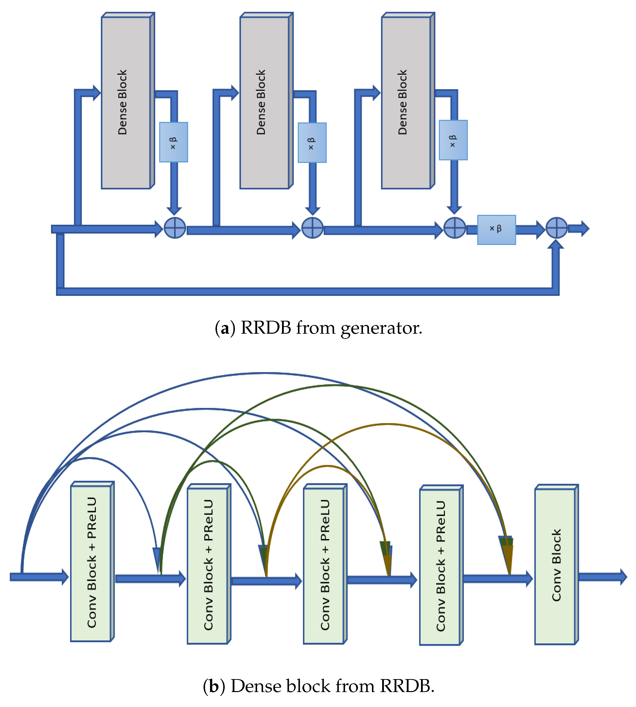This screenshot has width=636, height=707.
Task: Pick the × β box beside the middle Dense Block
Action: coord(312,143)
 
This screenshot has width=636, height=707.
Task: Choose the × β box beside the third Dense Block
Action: coord(453,140)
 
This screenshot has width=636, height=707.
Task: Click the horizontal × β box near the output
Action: coord(496,230)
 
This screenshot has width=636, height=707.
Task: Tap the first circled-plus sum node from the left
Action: coord(175,228)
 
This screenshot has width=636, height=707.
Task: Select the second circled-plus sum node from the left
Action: coord(312,228)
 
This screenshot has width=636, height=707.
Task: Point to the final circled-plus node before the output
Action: coord(556,228)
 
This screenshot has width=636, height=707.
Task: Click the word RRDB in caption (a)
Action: coord(266,328)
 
